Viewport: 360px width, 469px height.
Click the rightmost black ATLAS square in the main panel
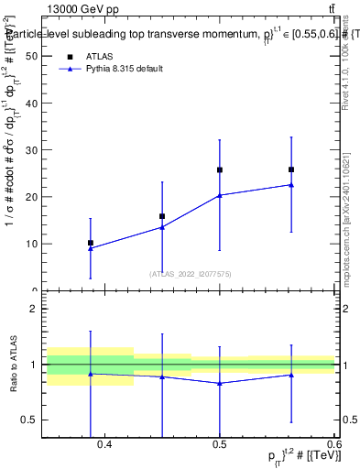291,169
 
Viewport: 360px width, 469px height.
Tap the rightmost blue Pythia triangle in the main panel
291,184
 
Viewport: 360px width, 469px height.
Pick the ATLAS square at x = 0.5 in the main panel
220,169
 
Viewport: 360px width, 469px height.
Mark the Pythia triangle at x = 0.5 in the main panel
220,195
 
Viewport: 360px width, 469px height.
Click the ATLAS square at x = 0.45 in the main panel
162,216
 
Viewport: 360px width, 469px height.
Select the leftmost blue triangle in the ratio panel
91,374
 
